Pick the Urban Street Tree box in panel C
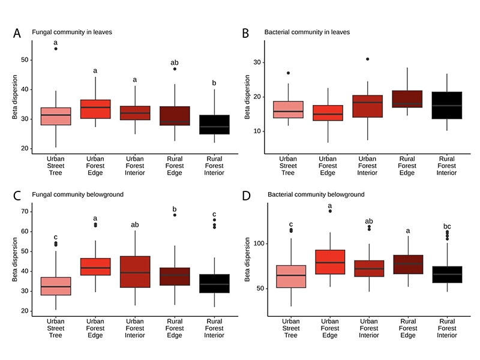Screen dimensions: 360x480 tap(55, 286)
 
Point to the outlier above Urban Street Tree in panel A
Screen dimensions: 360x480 tap(56, 49)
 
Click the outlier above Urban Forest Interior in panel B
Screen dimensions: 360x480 tap(368, 59)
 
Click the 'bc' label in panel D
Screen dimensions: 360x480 tap(446, 226)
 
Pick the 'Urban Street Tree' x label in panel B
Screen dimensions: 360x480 tap(292, 166)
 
